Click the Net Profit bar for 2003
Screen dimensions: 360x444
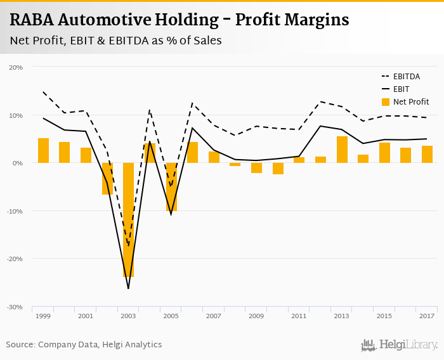pos(128,219)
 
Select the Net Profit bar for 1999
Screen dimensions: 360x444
pos(43,151)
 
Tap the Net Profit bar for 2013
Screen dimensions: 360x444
pos(342,150)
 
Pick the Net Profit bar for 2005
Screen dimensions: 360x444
pos(171,186)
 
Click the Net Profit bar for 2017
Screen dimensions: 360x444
pos(427,154)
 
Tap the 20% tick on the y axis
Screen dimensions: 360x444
pos(16,67)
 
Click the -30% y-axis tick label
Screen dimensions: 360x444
pos(15,307)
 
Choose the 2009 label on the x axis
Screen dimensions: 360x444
pos(256,316)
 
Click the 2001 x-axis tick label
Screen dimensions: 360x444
pos(86,316)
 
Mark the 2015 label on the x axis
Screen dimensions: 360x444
pos(384,316)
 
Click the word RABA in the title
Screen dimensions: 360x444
pos(31,20)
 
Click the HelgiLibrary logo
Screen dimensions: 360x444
pos(400,345)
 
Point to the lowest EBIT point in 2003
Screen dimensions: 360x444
pos(128,288)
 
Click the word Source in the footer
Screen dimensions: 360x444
pos(20,344)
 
